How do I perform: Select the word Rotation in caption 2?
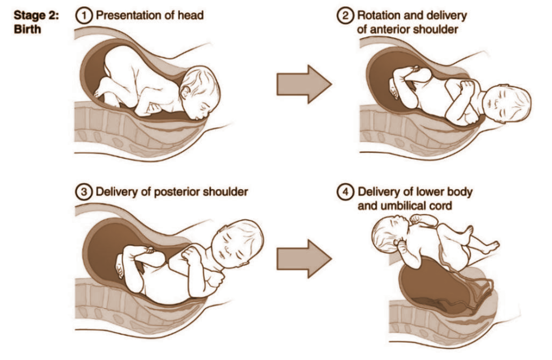tap(378, 16)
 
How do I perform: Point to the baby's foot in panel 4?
tap(491, 248)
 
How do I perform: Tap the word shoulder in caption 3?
tap(227, 192)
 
